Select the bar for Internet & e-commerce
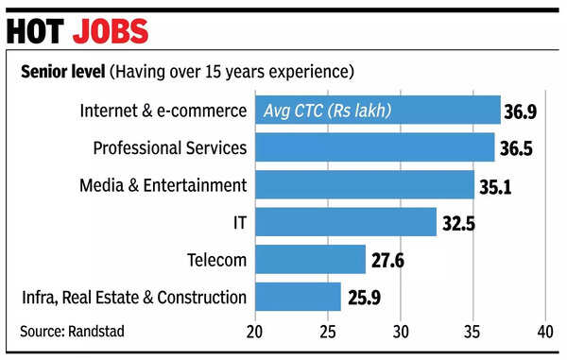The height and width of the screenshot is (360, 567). click(377, 110)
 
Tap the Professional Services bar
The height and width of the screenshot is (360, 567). click(374, 147)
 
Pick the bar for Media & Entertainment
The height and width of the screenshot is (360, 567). click(364, 184)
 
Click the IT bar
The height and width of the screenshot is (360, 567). click(345, 222)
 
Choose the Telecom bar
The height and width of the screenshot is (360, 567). click(310, 259)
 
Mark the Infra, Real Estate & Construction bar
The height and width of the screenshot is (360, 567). click(298, 297)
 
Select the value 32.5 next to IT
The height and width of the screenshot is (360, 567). click(458, 223)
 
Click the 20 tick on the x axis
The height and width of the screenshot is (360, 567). click(254, 333)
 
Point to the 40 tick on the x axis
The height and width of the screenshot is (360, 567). click(545, 333)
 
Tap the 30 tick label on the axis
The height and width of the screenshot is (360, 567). click(400, 333)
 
